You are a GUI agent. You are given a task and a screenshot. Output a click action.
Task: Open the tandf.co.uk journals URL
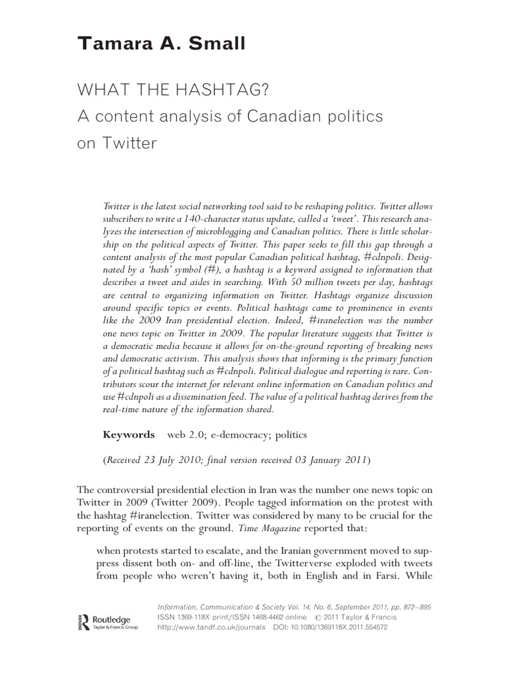(x=210, y=628)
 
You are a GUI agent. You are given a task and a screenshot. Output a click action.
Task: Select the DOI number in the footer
(x=350, y=628)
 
